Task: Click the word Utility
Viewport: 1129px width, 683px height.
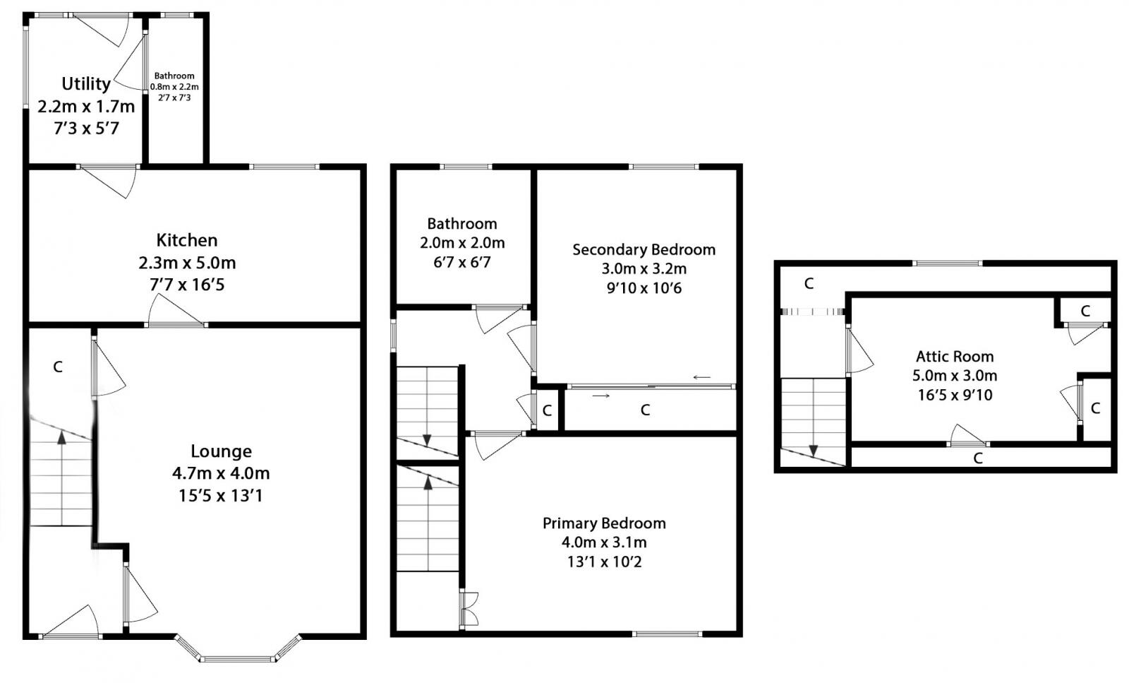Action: [x=86, y=84]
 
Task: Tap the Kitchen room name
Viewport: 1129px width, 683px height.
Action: [x=187, y=240]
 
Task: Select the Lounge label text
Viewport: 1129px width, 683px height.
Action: [x=221, y=451]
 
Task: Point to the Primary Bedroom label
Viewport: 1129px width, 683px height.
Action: [x=604, y=523]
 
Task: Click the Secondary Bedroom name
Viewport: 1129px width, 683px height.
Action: [x=644, y=249]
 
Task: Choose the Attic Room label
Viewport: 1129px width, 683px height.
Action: [x=955, y=357]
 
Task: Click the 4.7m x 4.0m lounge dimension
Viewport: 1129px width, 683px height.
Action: [x=221, y=473]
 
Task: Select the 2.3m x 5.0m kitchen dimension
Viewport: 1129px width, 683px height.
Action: [x=187, y=263]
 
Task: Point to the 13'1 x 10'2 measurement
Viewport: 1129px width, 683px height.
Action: [x=604, y=562]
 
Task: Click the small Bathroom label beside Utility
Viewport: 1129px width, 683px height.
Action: [x=174, y=76]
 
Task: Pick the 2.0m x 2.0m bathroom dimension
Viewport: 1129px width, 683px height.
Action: [x=462, y=243]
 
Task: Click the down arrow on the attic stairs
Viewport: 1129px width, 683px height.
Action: [x=813, y=450]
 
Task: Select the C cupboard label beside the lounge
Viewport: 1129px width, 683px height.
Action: [x=58, y=367]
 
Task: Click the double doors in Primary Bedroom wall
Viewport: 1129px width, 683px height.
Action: [x=468, y=608]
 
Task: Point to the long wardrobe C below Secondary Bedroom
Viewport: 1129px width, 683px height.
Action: [x=645, y=410]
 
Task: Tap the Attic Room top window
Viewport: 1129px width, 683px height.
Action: [x=947, y=263]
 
